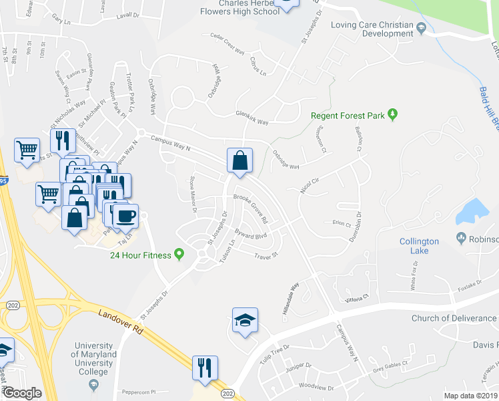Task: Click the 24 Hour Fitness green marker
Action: [179, 254]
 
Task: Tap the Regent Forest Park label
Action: [348, 116]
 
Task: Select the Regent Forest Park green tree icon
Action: [393, 115]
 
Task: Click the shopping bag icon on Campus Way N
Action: [239, 161]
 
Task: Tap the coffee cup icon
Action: [125, 217]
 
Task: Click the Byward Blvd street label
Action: [251, 235]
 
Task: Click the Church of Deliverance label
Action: [454, 318]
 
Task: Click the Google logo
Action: [21, 393]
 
